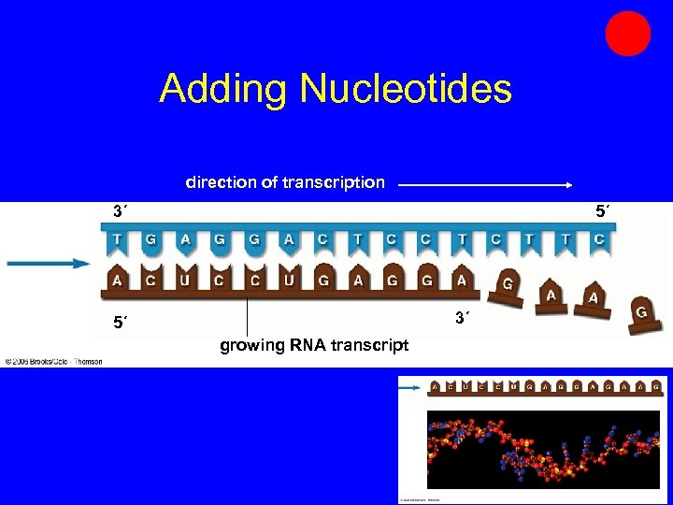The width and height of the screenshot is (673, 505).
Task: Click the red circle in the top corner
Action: pos(627,34)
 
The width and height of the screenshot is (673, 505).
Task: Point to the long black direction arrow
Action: pos(485,185)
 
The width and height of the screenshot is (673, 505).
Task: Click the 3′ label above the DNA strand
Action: pos(120,212)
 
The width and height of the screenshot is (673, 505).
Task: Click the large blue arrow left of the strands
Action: pos(48,264)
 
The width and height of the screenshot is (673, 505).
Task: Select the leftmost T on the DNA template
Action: pos(117,239)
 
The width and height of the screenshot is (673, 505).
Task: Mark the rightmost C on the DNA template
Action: pos(598,239)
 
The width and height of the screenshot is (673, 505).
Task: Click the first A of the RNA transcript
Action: pos(117,279)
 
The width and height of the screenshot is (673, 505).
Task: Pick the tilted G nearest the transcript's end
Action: pos(508,286)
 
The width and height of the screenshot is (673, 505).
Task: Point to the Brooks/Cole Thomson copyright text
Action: pos(53,361)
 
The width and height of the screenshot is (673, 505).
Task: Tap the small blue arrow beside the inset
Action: pos(410,385)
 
